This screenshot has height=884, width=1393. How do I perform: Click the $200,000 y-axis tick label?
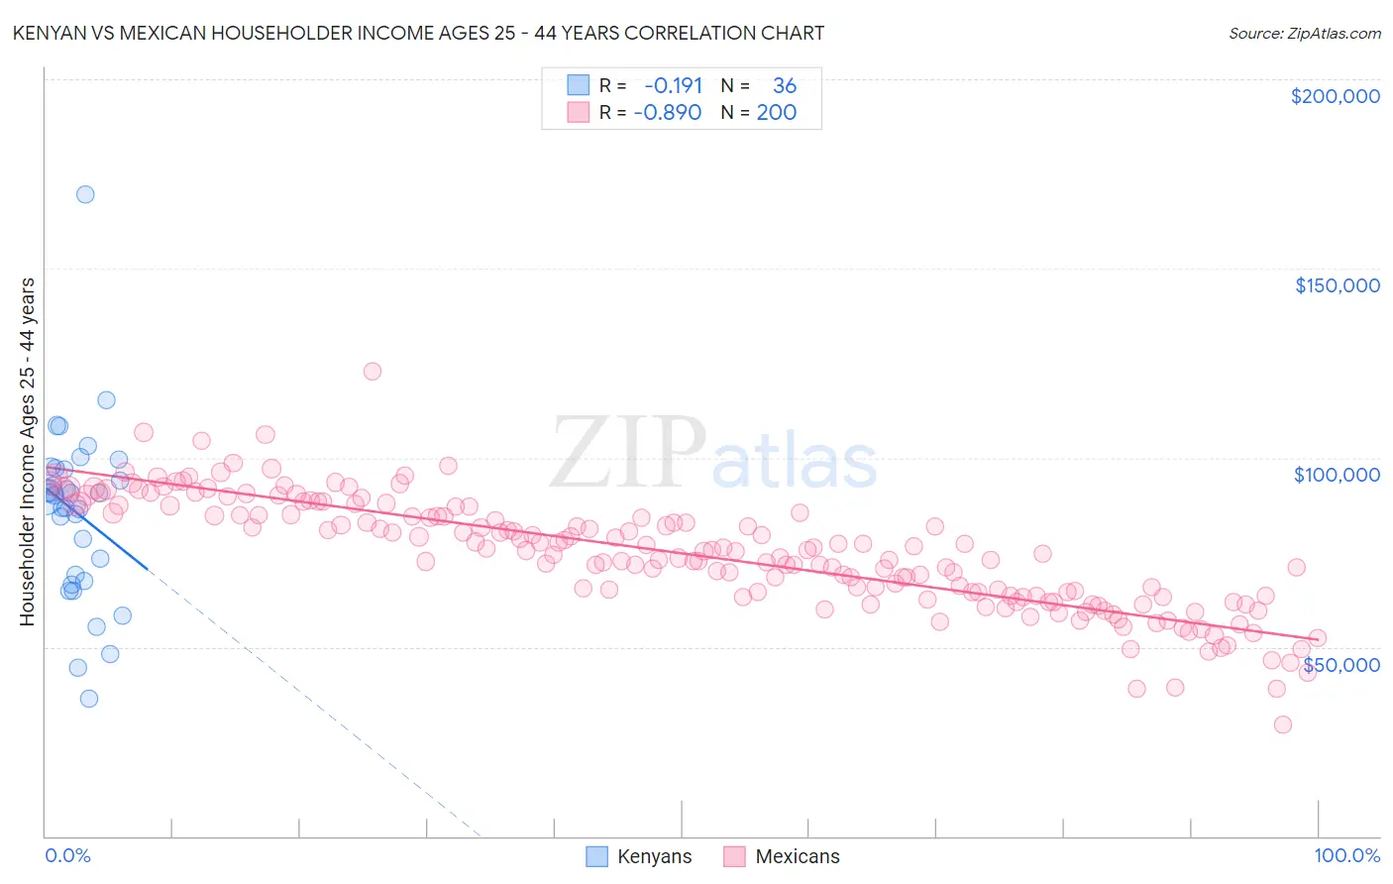point(1335,96)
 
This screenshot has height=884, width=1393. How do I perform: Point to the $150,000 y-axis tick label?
point(1337,285)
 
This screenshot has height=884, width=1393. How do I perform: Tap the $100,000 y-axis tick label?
point(1337,475)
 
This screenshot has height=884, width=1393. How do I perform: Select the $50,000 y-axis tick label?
point(1340,665)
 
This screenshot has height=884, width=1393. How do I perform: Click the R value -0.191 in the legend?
point(674,86)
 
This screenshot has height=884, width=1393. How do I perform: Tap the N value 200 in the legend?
point(777,113)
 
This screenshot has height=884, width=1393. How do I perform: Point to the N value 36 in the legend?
point(785,86)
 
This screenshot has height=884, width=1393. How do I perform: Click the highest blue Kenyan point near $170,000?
point(85,194)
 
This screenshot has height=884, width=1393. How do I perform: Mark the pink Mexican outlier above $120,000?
point(373,372)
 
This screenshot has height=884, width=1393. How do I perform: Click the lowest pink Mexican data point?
point(1282,724)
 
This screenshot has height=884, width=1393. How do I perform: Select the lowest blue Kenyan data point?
point(89,699)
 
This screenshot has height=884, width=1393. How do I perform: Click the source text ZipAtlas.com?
point(1305,34)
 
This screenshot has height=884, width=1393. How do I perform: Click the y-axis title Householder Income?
point(27,451)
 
